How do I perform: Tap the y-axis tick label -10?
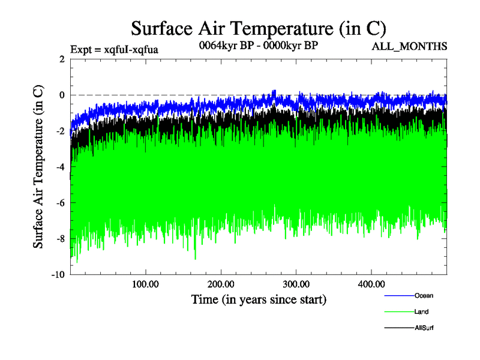[x=58, y=275]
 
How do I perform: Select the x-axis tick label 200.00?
[x=221, y=284]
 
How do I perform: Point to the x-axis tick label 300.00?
[x=296, y=284]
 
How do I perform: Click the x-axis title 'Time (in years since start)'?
[x=259, y=298]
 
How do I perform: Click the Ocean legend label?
[x=424, y=295]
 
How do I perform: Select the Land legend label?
[x=421, y=311]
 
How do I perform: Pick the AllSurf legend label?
[x=424, y=328]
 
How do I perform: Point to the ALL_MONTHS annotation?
[x=410, y=47]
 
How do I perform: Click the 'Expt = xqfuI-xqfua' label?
[x=114, y=49]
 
